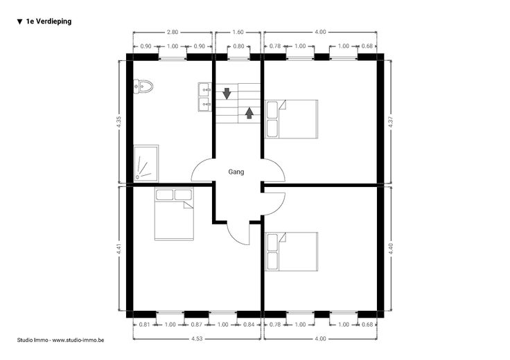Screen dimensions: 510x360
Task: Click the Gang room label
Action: point(236,172)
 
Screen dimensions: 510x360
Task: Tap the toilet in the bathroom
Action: point(143,87)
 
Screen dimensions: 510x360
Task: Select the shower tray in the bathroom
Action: point(146,163)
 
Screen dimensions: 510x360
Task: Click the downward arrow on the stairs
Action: point(227,93)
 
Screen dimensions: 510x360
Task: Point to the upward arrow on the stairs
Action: point(249,113)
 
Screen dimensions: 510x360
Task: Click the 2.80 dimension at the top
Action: point(173,32)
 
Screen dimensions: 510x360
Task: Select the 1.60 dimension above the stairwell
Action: point(238,32)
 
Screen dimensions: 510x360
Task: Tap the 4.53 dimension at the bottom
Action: point(197,339)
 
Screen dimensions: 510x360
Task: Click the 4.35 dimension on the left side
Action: point(119,122)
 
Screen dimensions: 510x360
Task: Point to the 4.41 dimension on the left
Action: point(119,249)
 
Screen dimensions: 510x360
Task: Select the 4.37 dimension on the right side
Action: point(391,122)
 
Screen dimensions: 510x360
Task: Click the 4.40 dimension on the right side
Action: point(391,249)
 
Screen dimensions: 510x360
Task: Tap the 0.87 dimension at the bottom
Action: point(197,325)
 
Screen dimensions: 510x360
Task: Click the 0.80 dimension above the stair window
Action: point(238,46)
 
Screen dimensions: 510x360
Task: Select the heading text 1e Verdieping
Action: point(49,21)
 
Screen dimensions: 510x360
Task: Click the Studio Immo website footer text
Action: point(60,340)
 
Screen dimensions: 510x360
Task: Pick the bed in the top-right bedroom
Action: point(292,119)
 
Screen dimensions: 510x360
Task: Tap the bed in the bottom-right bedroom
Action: point(292,251)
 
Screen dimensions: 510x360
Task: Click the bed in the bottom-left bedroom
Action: point(174,214)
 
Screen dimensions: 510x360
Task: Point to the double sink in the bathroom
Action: point(204,97)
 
